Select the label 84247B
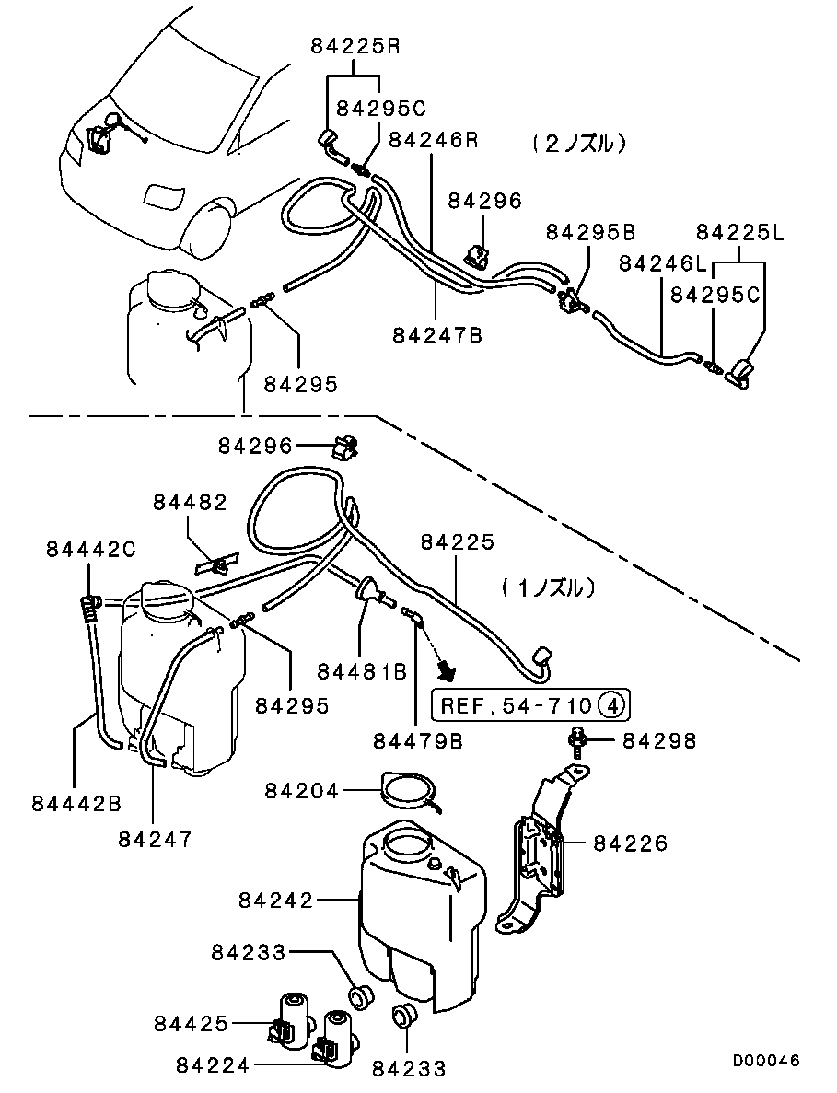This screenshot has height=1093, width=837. (437, 336)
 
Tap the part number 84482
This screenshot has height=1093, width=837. (190, 502)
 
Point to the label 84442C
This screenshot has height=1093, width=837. (91, 550)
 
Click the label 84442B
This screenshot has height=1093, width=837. (77, 803)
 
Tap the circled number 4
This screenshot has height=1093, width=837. (612, 706)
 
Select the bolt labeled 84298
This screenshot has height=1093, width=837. (576, 741)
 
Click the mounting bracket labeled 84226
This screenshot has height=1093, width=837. (541, 847)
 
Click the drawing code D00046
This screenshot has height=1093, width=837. (766, 1061)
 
